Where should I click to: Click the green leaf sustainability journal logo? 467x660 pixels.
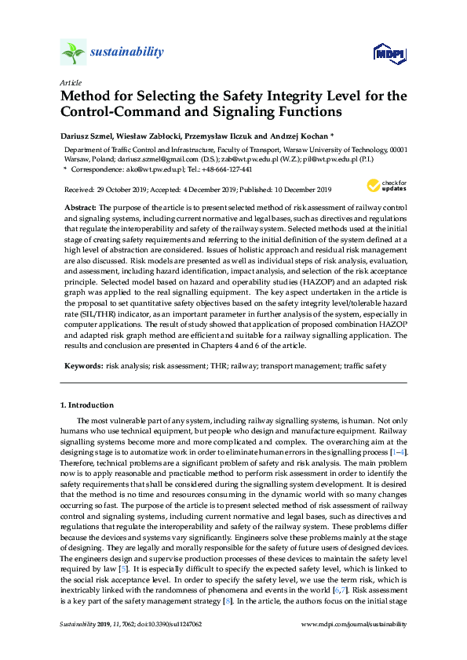point(72,53)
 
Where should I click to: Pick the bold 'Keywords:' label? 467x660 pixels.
point(83,365)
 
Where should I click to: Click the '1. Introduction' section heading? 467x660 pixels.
point(87,405)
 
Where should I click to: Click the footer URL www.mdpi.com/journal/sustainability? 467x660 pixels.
point(354,624)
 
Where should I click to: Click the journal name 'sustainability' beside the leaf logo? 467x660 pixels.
point(126,53)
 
